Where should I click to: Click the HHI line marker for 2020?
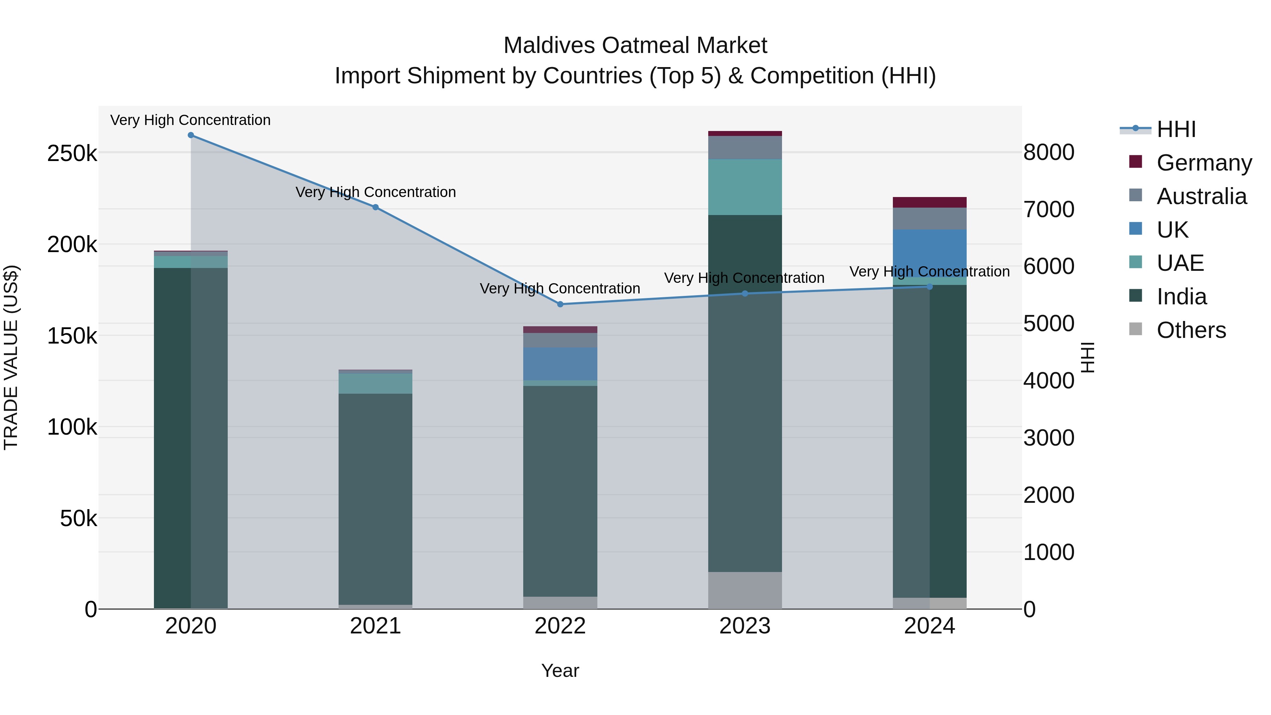pyautogui.click(x=191, y=135)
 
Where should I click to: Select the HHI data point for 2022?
pyautogui.click(x=560, y=304)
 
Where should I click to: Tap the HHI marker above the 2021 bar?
pyautogui.click(x=376, y=207)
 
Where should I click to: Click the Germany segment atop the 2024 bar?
pyautogui.click(x=930, y=202)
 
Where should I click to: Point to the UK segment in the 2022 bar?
pyautogui.click(x=560, y=363)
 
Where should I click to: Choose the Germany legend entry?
pyautogui.click(x=1204, y=163)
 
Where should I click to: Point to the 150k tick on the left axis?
pyautogui.click(x=72, y=336)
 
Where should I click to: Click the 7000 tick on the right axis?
pyautogui.click(x=1049, y=209)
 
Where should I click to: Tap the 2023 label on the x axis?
pyautogui.click(x=745, y=626)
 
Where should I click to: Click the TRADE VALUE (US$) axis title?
pyautogui.click(x=11, y=357)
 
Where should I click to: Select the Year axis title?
pyautogui.click(x=560, y=671)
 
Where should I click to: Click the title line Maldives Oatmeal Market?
pyautogui.click(x=635, y=46)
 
